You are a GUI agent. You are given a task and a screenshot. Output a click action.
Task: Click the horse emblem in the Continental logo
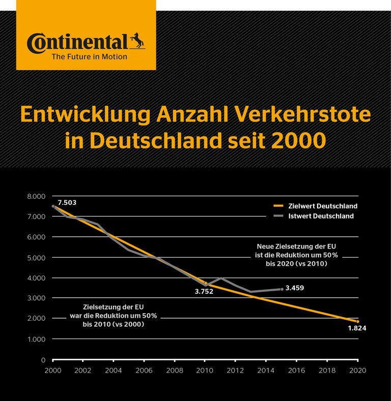tap(137, 40)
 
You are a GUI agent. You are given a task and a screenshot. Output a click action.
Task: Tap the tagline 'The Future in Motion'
tap(90, 57)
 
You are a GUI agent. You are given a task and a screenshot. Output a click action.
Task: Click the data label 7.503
tap(67, 203)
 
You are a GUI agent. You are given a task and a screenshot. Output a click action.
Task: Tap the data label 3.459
tap(295, 288)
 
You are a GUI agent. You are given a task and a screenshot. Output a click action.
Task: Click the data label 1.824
tap(356, 328)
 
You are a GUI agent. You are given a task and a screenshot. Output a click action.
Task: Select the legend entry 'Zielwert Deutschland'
tap(316, 206)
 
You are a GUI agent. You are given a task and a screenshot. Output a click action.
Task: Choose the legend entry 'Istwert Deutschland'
tap(314, 216)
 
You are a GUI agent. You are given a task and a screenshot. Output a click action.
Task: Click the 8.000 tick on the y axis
tap(36, 196)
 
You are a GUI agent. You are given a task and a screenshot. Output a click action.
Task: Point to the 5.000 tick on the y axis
tap(36, 258)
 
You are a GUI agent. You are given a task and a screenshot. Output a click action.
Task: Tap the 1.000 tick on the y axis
tap(36, 339)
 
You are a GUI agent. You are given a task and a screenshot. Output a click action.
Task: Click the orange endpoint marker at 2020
tap(358, 322)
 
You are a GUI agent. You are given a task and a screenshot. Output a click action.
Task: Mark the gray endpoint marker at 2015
tap(282, 289)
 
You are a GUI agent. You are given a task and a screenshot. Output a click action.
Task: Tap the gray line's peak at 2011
tap(220, 278)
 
